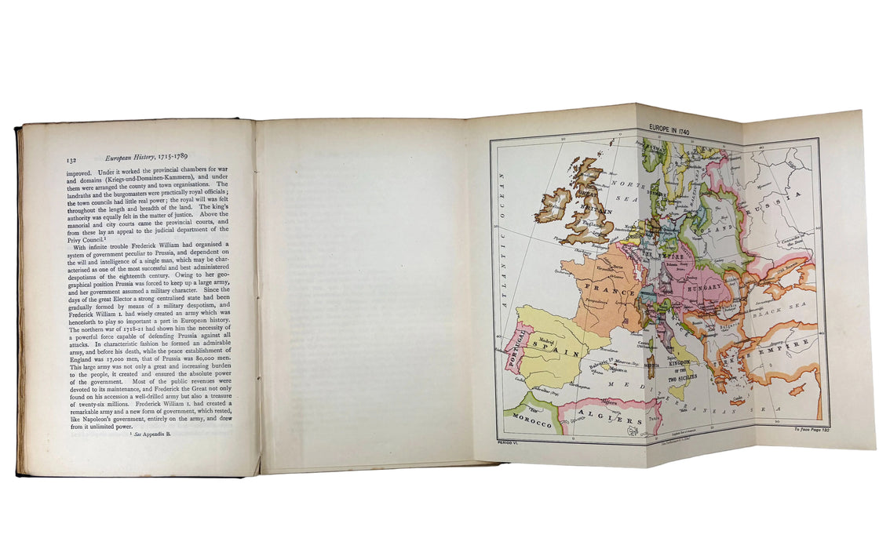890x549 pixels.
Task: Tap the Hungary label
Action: pyautogui.click(x=709, y=287)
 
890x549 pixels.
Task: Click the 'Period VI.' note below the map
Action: pyautogui.click(x=500, y=443)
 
